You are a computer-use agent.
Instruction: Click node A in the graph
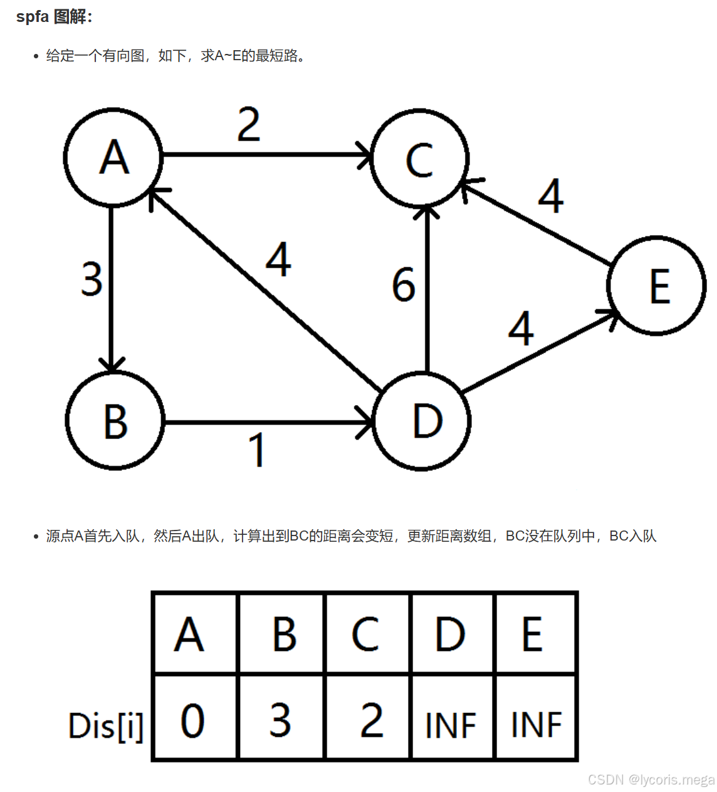click(x=113, y=157)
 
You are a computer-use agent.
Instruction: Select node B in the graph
click(x=115, y=420)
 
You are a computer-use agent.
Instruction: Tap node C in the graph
click(x=419, y=158)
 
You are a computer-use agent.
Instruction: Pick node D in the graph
click(x=422, y=421)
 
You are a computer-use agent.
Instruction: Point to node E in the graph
click(x=656, y=286)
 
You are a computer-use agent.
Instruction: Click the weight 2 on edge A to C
click(x=249, y=125)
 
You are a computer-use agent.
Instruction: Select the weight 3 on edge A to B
click(x=92, y=279)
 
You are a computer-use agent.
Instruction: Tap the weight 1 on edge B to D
click(x=257, y=450)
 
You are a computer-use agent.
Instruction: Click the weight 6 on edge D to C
click(x=404, y=284)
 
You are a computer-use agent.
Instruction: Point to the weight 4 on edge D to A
click(x=278, y=260)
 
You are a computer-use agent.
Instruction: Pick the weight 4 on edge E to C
click(x=551, y=196)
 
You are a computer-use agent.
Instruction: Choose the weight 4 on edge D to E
click(x=521, y=328)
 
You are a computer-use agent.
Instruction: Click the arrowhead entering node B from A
click(x=112, y=365)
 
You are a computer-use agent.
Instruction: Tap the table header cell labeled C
click(x=366, y=634)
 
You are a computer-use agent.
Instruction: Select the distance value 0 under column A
click(x=193, y=720)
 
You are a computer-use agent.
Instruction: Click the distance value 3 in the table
click(x=280, y=720)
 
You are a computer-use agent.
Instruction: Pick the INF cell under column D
click(x=451, y=725)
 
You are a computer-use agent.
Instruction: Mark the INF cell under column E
click(x=536, y=725)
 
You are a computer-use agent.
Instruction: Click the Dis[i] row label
click(x=106, y=727)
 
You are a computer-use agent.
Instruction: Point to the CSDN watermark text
click(x=651, y=779)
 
